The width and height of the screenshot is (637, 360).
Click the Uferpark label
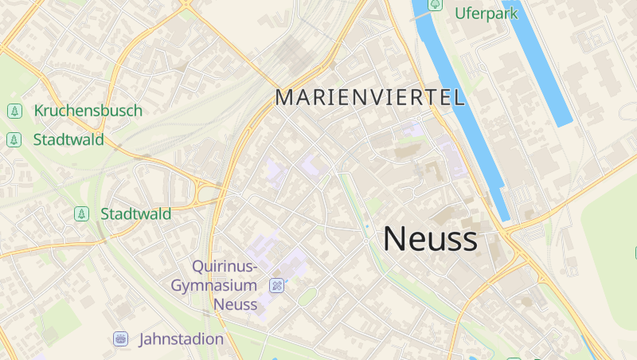[486, 13]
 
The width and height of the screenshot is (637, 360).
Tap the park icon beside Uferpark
[436, 5]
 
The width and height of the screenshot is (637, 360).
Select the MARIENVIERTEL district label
[369, 98]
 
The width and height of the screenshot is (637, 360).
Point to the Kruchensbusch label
[88, 111]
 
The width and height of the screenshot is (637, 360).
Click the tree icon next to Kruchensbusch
[14, 111]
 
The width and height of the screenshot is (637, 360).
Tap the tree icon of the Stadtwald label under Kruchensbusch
[14, 139]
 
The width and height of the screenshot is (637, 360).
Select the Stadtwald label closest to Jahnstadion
[135, 213]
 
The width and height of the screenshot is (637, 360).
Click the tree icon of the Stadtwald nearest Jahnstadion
[80, 213]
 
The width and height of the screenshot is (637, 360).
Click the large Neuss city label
[430, 239]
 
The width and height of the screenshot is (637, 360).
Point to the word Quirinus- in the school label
[225, 266]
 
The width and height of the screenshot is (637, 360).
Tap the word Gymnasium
[215, 285]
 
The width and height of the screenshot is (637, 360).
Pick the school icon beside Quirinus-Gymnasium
[276, 285]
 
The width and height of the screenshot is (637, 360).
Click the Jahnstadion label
[181, 339]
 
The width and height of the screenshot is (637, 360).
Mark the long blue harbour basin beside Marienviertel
[462, 112]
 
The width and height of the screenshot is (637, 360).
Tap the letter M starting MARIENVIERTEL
[285, 98]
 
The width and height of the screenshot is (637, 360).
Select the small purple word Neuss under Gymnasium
[235, 304]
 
